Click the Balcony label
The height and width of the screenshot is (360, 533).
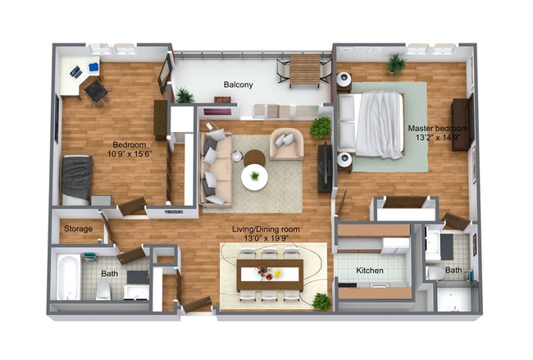click(x=239, y=84)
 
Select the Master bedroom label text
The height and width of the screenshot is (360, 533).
click(x=439, y=129)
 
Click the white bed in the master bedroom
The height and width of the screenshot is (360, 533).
click(x=373, y=123)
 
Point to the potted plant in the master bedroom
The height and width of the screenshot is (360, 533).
click(x=397, y=63)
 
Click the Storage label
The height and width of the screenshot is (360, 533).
click(x=78, y=229)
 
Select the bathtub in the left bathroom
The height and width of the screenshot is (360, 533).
click(x=67, y=276)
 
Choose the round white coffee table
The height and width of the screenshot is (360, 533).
click(x=254, y=177)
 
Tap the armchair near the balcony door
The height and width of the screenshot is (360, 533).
click(x=286, y=144)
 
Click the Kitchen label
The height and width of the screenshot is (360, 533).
click(x=371, y=271)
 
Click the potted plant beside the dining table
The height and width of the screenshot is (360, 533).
click(x=322, y=302)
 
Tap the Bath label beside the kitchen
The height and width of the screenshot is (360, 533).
click(x=453, y=270)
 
